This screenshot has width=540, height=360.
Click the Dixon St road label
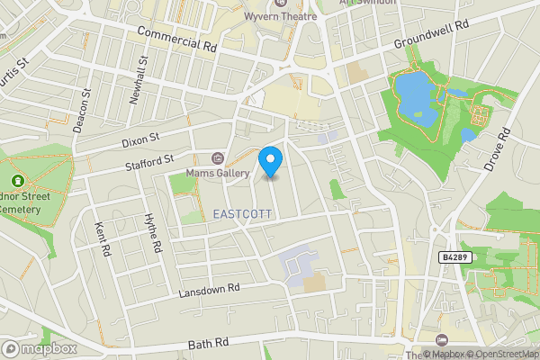pos(141,140)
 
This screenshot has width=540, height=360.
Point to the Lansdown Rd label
pos(210,289)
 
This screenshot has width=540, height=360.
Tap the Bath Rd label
pos(209,344)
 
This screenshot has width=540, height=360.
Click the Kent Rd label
pos(103,238)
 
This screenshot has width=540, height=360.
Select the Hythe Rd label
pos(153,233)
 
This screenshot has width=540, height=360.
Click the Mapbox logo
pos(39,348)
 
